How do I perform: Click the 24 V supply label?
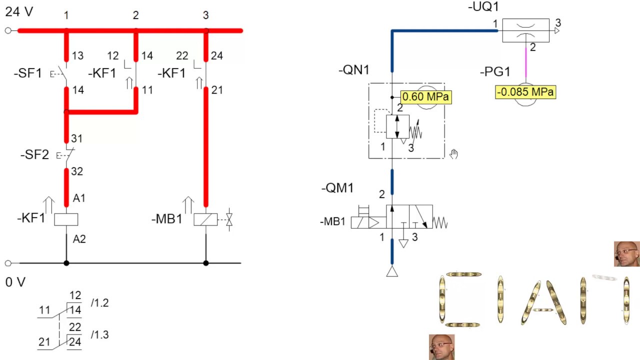[x=19, y=12]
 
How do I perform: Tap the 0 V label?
[x=15, y=282]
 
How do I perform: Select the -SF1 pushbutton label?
[x=28, y=73]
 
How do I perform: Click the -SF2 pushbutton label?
[x=35, y=155]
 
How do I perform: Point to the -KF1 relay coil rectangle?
[x=66, y=219]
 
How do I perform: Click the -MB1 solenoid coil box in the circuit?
[x=205, y=219]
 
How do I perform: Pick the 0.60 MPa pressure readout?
[x=426, y=97]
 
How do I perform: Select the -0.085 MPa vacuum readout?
[x=525, y=92]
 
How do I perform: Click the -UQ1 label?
[x=483, y=6]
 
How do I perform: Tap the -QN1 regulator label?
[x=353, y=70]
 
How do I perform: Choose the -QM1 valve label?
[x=337, y=188]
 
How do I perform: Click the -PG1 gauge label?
[x=495, y=71]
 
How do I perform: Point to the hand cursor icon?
[x=453, y=154]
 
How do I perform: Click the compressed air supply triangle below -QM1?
[x=392, y=271]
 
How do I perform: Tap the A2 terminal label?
[x=79, y=239]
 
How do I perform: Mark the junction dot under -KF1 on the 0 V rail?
[x=66, y=263]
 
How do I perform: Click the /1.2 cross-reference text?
[x=99, y=303]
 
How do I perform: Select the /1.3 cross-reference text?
[x=99, y=334]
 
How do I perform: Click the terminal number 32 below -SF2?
[x=77, y=171]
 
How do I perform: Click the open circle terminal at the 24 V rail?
[x=8, y=30]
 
